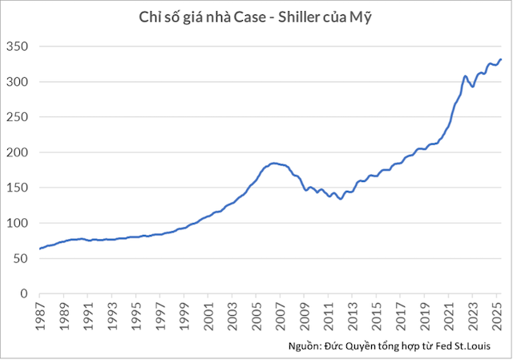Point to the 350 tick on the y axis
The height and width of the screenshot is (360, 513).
[x=18, y=47]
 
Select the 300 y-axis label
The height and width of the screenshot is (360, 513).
[x=18, y=82]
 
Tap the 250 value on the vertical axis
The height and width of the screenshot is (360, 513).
[x=18, y=117]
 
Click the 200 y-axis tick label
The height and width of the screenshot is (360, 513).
[x=18, y=152]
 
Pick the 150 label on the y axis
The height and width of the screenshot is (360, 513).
[x=18, y=188]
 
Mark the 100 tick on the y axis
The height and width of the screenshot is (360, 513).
[x=18, y=223]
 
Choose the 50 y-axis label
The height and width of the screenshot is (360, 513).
[x=21, y=258]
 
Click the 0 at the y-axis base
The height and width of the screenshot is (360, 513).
[x=24, y=293]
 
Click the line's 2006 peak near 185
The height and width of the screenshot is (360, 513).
[x=273, y=163]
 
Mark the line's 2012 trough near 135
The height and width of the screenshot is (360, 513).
[x=341, y=199]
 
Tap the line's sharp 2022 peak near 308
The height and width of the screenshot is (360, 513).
[x=465, y=76]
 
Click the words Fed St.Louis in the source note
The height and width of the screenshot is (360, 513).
[x=466, y=345]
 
